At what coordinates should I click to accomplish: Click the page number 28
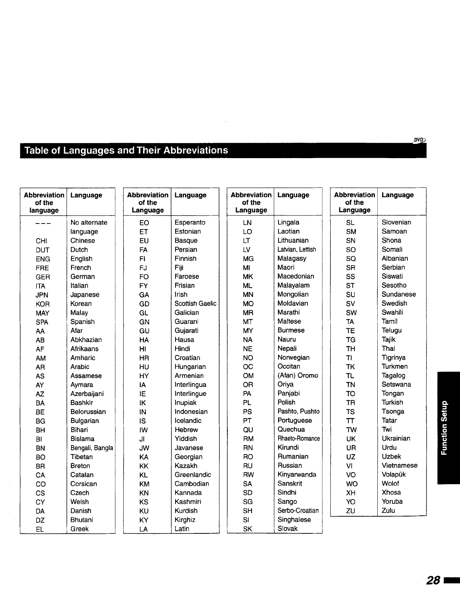tap(433, 580)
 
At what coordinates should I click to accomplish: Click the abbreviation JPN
tap(42, 295)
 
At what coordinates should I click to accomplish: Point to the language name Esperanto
tap(190, 222)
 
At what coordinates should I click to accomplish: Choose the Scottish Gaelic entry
tap(195, 304)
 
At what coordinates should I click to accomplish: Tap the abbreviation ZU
tap(350, 511)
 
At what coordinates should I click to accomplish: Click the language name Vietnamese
tap(399, 465)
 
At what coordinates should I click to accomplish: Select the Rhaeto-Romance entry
tap(299, 439)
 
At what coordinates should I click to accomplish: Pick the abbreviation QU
tap(248, 430)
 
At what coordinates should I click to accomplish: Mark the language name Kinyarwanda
tap(297, 474)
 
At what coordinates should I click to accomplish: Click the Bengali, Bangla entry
tap(92, 448)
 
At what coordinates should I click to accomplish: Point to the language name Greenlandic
tap(193, 475)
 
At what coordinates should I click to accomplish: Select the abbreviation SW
tap(351, 313)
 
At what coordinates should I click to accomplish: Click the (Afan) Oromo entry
tap(298, 375)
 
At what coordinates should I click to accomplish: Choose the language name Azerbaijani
tap(87, 394)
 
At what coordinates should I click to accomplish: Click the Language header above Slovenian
tap(397, 195)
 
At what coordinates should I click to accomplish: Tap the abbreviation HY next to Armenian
tap(144, 376)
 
